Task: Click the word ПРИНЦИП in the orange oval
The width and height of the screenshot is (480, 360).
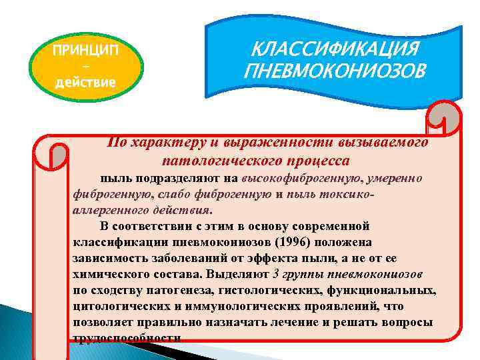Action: click(x=86, y=51)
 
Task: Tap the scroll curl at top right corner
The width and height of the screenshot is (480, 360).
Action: click(x=445, y=120)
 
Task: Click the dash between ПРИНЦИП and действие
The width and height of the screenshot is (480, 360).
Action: click(x=86, y=67)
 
